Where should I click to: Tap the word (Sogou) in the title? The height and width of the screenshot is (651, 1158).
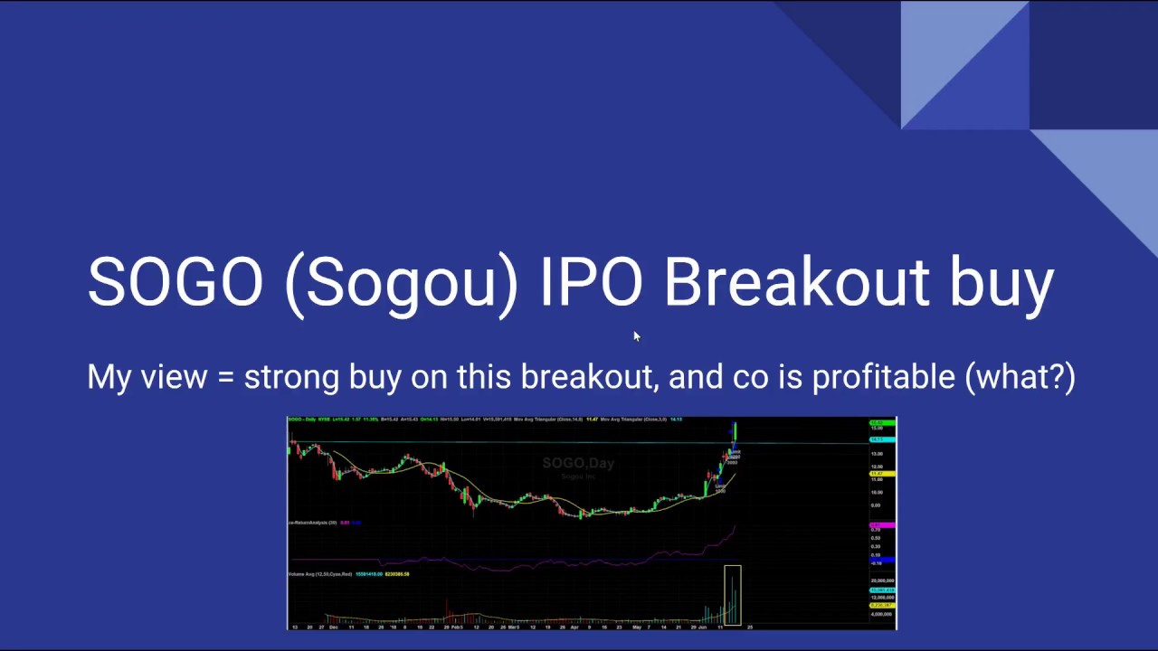point(402,282)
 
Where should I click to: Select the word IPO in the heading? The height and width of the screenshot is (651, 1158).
point(591,282)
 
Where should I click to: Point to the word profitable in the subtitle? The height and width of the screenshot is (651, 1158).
point(883,377)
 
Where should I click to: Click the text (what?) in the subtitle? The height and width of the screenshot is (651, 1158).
point(1020,377)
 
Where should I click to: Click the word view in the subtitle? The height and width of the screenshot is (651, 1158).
point(174,377)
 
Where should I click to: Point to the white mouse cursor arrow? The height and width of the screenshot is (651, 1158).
point(636,336)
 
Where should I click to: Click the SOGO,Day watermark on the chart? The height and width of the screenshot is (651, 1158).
point(578,463)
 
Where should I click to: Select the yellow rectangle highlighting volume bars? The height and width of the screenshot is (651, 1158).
point(732,595)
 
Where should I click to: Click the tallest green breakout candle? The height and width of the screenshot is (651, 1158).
point(735,431)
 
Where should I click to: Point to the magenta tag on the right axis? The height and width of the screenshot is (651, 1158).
point(877,526)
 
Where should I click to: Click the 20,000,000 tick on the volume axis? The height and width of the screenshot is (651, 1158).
point(882,580)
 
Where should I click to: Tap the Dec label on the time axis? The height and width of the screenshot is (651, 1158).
point(333,627)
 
